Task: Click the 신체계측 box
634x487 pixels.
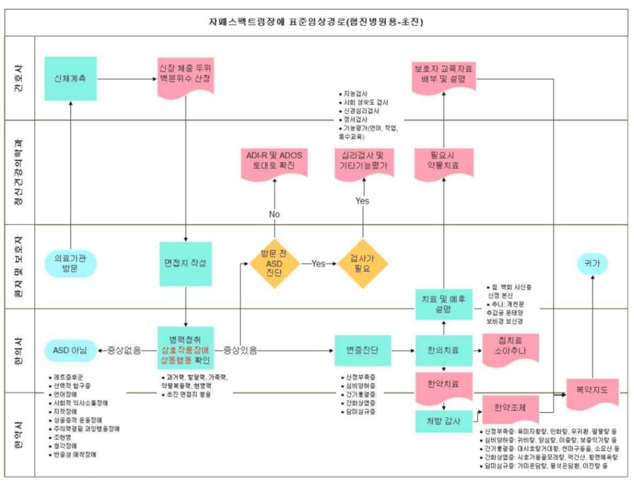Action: (70, 79)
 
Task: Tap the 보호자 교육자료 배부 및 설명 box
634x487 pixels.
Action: (444, 74)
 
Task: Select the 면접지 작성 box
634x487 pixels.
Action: (185, 263)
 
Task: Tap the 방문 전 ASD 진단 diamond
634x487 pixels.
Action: (274, 263)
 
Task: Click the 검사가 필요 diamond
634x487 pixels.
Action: (363, 263)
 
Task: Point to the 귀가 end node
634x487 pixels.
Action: (594, 263)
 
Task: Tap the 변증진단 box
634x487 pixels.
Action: (362, 350)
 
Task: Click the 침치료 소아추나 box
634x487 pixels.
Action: (510, 348)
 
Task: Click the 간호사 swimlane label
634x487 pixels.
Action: (20, 78)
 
